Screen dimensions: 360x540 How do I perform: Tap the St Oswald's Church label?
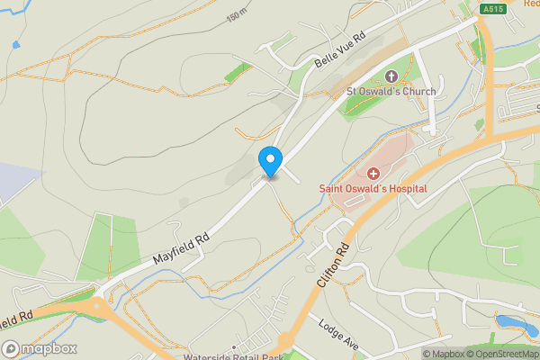tap(391, 92)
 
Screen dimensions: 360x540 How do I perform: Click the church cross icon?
tap(391, 76)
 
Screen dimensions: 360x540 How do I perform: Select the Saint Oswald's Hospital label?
tap(373, 188)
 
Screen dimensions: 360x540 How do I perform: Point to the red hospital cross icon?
tap(373, 172)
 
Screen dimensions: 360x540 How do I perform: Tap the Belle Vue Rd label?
tap(341, 53)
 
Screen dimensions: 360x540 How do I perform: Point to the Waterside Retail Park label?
tap(234, 356)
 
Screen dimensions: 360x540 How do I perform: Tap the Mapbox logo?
tap(39, 348)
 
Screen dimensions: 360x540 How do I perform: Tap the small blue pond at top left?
tap(15, 45)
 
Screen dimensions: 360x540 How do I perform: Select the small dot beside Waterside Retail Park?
tap(233, 346)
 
